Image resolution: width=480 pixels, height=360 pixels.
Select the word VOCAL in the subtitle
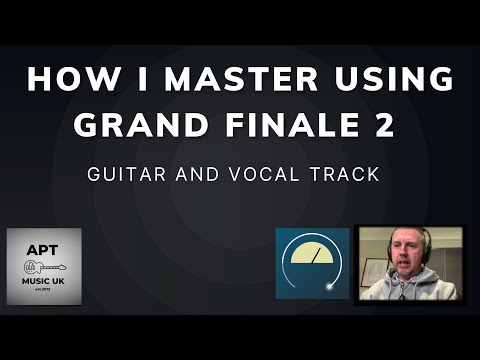(267, 174)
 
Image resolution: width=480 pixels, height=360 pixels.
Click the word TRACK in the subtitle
(345, 174)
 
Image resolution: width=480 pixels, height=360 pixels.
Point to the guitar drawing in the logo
(44, 266)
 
